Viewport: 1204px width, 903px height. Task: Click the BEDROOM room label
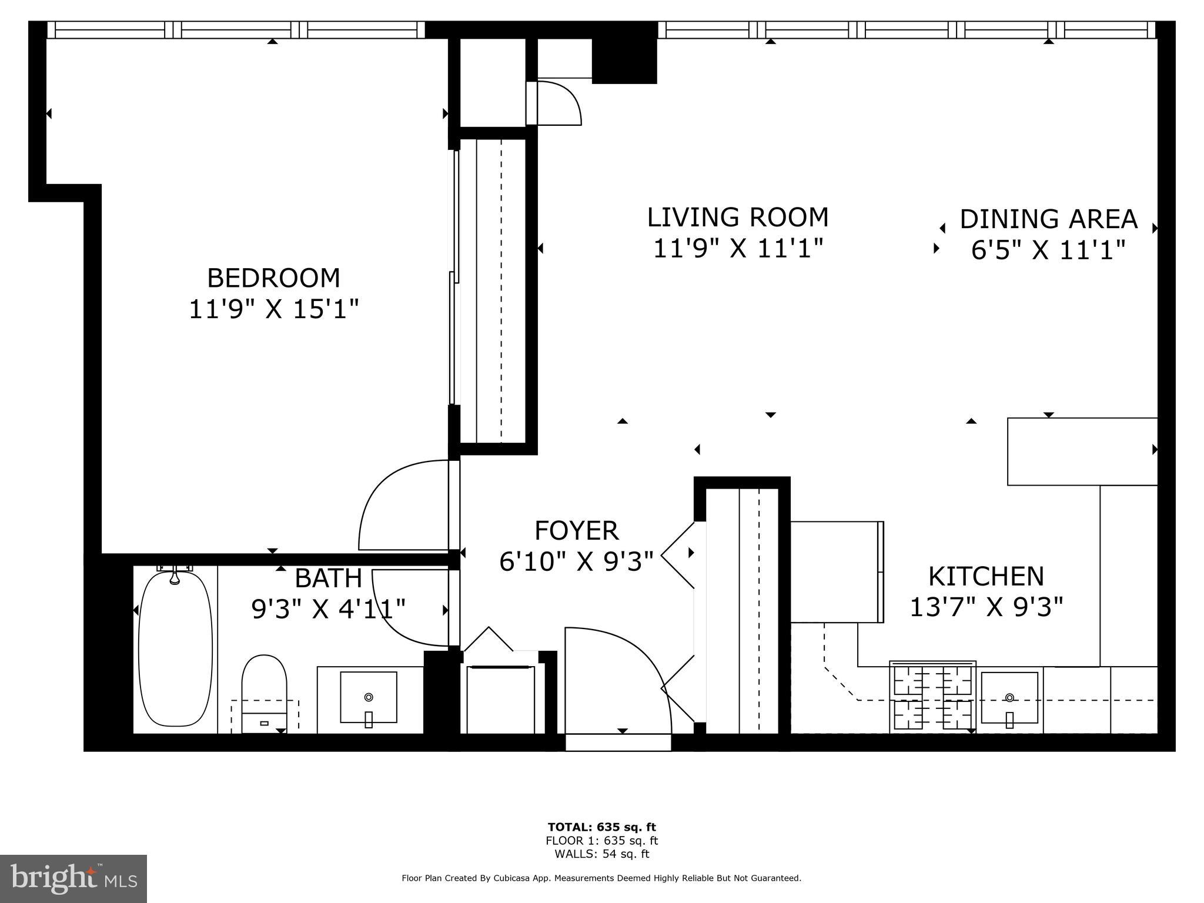coord(273,278)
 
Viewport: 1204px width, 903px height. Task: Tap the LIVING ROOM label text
coord(738,218)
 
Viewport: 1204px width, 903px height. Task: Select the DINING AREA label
coord(1049,219)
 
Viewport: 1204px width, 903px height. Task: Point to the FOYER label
coord(576,531)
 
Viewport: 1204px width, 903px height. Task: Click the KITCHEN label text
coord(986,576)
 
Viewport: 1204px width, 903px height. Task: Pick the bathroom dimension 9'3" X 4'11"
coord(329,609)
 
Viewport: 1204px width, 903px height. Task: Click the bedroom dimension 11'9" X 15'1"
coord(273,309)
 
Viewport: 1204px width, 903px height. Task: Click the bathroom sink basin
coord(369,698)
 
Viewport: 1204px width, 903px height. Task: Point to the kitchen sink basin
coord(1009,698)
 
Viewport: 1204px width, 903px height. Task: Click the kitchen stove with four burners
coord(933,697)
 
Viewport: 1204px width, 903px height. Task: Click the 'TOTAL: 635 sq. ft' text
coord(601,827)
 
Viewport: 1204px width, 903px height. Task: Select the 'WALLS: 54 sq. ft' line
coord(601,854)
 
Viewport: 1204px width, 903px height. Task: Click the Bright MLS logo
coord(73,878)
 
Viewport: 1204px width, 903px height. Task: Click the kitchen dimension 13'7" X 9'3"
coord(986,607)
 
